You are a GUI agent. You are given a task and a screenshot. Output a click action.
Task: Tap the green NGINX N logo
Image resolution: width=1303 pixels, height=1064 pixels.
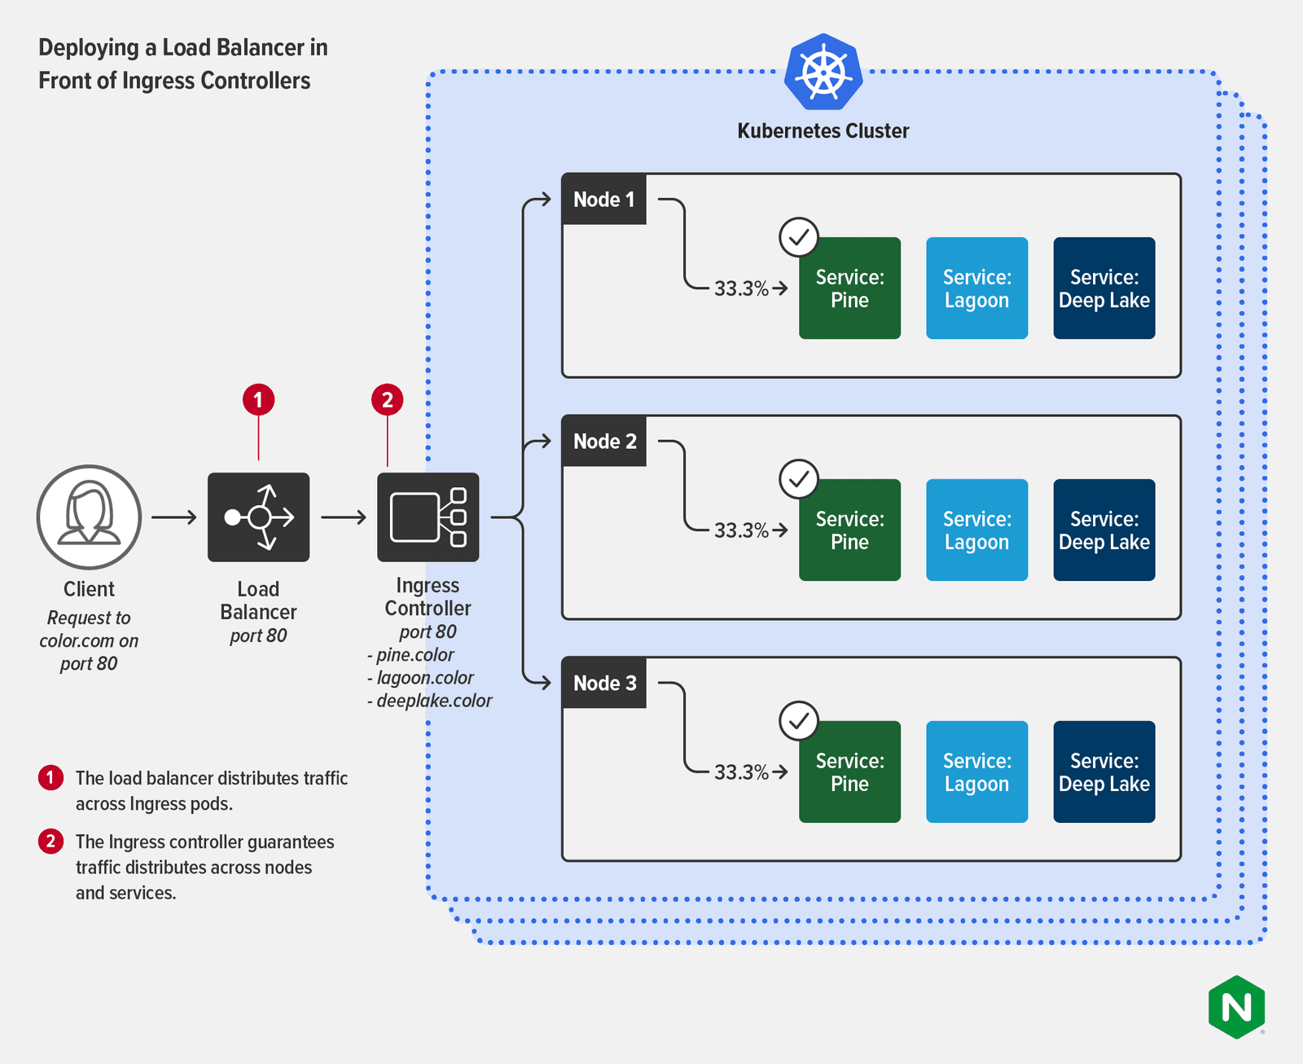click(x=1236, y=1007)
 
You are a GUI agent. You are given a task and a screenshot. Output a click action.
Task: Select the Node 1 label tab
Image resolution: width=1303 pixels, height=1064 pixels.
click(x=603, y=199)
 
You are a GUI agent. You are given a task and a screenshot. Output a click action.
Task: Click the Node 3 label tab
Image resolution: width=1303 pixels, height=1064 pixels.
click(x=603, y=683)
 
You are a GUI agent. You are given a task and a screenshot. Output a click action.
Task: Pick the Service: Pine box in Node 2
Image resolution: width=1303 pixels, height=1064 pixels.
click(x=849, y=530)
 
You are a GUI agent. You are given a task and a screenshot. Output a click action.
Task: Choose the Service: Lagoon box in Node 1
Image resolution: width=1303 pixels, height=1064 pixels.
click(x=976, y=288)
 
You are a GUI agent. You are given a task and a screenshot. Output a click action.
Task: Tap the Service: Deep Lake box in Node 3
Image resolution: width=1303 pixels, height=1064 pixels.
click(x=1103, y=772)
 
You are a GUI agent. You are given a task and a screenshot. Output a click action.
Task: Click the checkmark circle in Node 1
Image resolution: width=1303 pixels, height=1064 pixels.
click(x=799, y=237)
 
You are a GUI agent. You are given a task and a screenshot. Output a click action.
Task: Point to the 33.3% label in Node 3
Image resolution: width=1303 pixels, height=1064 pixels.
click(x=741, y=772)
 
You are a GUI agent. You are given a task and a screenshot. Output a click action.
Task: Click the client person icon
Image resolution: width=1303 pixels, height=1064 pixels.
click(x=89, y=517)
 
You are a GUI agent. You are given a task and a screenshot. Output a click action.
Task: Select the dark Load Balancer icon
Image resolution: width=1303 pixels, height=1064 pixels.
click(x=258, y=517)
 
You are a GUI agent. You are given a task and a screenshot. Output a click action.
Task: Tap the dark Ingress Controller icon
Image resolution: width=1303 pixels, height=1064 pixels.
click(x=428, y=517)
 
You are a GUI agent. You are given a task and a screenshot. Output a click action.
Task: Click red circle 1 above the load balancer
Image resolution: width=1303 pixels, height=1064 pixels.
click(x=258, y=400)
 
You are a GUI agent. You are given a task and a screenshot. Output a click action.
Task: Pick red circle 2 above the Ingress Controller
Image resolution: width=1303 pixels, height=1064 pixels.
click(x=387, y=400)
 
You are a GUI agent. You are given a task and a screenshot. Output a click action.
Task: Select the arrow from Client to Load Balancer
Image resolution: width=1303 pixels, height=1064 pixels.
click(x=173, y=517)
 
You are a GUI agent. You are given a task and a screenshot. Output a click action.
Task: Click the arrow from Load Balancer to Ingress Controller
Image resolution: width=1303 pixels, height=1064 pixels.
click(x=343, y=517)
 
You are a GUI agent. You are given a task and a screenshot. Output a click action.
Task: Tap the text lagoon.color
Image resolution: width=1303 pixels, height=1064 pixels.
click(x=424, y=678)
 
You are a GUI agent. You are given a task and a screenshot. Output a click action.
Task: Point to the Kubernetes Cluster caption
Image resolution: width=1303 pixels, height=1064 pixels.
click(x=823, y=130)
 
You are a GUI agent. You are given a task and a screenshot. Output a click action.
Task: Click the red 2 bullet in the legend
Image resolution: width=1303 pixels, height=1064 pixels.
click(x=50, y=841)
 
